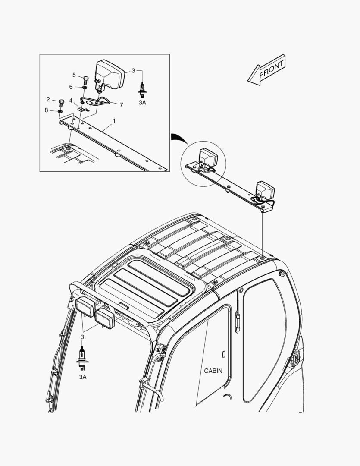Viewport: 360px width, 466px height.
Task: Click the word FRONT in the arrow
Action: coord(272,70)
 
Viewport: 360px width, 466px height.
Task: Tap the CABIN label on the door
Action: coord(213,371)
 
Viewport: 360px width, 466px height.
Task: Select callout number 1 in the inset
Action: coord(114,121)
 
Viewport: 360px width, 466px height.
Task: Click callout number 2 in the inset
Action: coord(48,99)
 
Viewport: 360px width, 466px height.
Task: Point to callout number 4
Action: coord(71,101)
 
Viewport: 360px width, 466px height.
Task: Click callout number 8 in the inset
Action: coord(46,110)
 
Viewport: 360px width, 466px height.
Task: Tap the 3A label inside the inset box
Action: coord(142,103)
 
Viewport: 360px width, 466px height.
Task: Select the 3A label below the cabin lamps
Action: coord(83,377)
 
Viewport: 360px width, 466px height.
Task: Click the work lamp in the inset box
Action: coord(109,76)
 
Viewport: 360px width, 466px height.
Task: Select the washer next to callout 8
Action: coord(60,111)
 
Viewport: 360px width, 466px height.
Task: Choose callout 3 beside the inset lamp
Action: coord(133,70)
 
